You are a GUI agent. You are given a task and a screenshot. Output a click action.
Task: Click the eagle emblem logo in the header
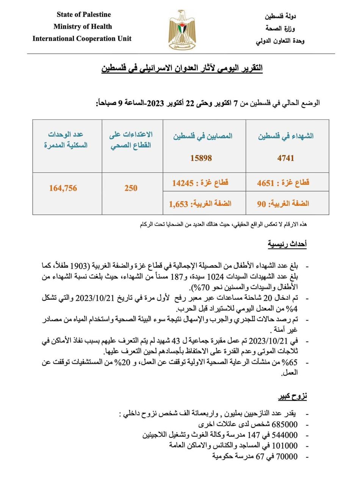click(x=182, y=30)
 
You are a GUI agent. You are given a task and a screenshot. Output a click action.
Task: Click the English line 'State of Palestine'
click(x=84, y=15)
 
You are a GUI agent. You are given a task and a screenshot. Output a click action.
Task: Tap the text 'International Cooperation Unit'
click(x=82, y=39)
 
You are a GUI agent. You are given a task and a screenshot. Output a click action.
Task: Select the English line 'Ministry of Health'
click(x=83, y=27)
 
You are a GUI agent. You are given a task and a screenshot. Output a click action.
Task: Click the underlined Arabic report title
click(x=182, y=68)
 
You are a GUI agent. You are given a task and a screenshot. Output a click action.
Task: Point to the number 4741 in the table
click(x=286, y=158)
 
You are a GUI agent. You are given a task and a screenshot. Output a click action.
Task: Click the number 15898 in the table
click(x=201, y=158)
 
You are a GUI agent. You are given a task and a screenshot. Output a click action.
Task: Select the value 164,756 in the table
click(x=63, y=188)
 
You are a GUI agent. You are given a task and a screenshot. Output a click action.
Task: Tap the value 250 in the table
click(x=131, y=188)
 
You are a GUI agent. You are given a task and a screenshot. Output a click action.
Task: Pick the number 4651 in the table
click(x=265, y=183)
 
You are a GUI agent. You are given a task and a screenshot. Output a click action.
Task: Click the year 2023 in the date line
click(x=155, y=103)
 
